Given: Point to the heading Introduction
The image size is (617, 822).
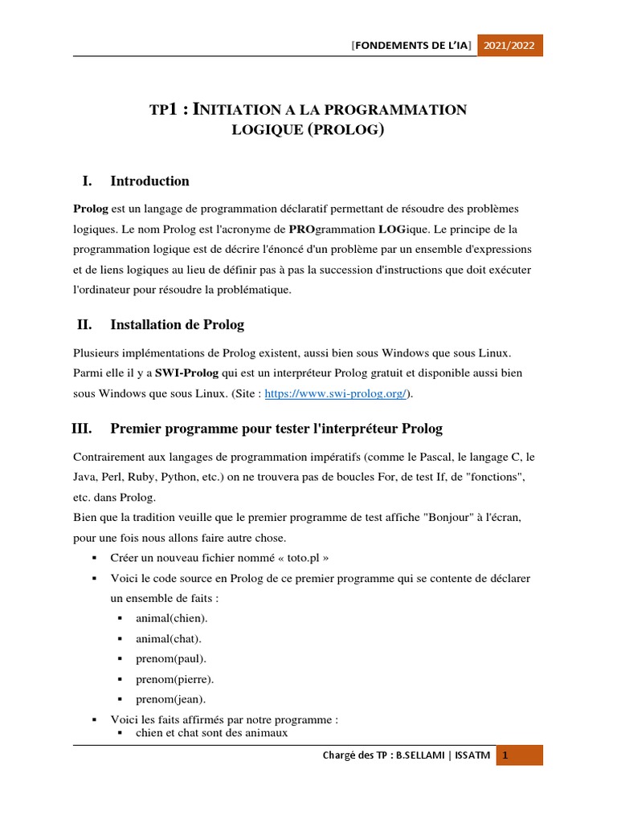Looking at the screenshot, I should click(149, 181).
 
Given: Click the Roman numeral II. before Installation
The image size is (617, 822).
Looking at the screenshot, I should click(84, 324).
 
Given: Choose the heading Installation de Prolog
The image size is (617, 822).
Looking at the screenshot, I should click(177, 324).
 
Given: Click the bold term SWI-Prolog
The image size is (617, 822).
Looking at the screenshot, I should click(186, 373).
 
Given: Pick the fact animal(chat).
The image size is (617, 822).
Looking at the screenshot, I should click(169, 638).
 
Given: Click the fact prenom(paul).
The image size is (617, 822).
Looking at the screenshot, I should click(171, 658).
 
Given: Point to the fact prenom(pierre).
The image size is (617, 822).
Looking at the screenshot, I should click(174, 678).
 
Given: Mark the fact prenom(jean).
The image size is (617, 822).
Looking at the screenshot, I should click(170, 699).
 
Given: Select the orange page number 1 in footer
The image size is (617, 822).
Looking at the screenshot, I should click(505, 755).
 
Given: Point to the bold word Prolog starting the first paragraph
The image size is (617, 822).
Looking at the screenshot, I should click(91, 209).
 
